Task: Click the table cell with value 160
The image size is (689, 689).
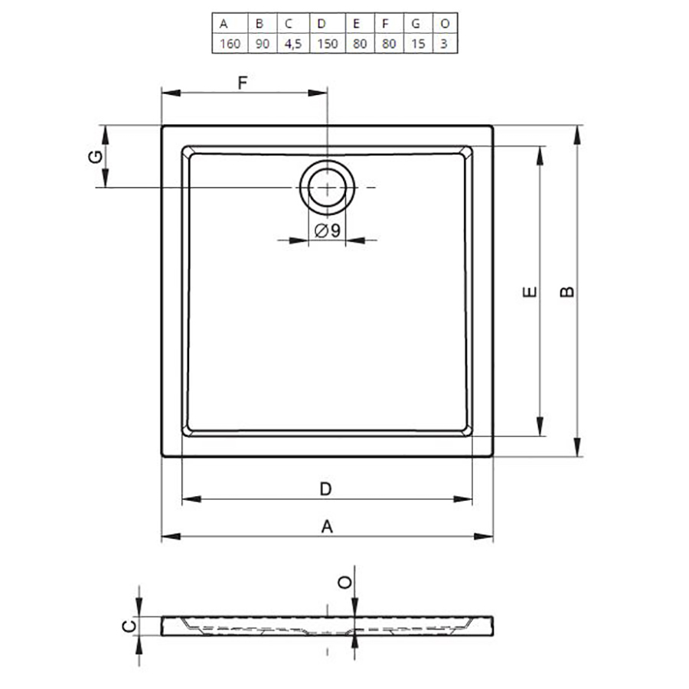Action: coord(230,44)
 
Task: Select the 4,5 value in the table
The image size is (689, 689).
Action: coord(293,44)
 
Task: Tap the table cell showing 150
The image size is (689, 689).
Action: coord(328,44)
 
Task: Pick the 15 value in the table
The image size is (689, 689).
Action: coord(418,44)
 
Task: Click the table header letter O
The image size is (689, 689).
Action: coord(445,23)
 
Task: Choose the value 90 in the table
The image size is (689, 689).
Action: coord(263,44)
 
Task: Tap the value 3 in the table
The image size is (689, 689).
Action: coord(444,44)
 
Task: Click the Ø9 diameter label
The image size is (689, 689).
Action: coord(328,230)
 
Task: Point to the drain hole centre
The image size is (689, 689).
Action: coord(328,188)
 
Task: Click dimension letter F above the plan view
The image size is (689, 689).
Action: coord(243,82)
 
